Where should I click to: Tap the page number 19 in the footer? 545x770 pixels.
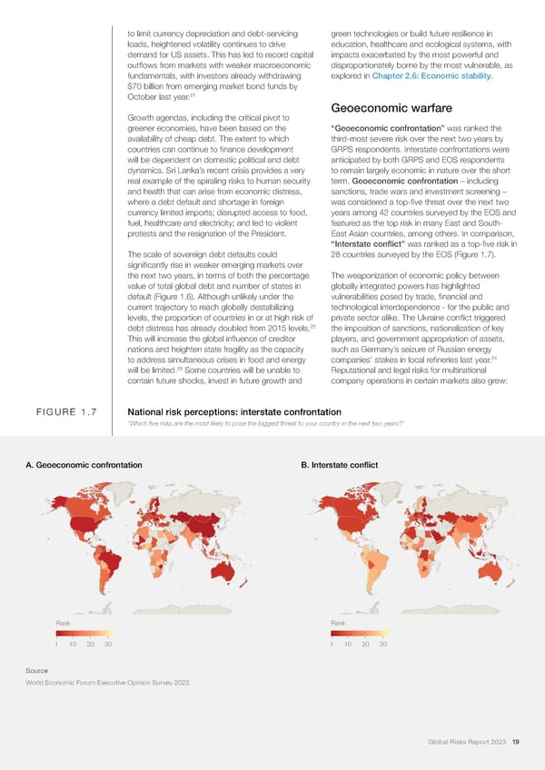[x=515, y=743]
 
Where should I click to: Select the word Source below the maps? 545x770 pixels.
[x=37, y=671]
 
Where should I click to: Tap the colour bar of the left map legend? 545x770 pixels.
[x=84, y=633]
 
